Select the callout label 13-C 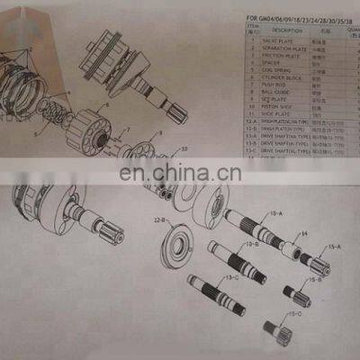[232, 277]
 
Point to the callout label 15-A [333, 245]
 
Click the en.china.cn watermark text [180, 173]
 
